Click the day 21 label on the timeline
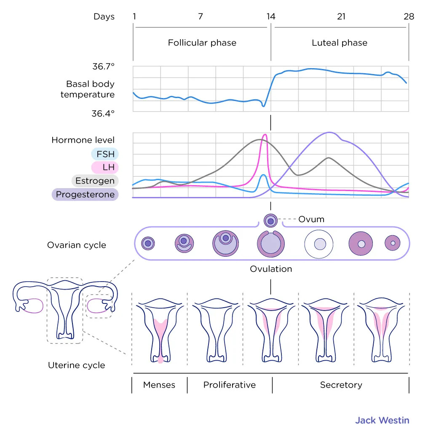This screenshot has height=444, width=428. click(x=341, y=17)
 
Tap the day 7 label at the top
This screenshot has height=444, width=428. click(x=201, y=17)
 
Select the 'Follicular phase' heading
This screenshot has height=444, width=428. click(x=202, y=43)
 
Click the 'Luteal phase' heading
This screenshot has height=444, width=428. click(x=340, y=43)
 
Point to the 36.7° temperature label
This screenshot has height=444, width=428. click(x=103, y=66)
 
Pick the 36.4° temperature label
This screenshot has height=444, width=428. click(x=103, y=114)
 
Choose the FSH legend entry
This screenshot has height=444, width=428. click(x=105, y=154)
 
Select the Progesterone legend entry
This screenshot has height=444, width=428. click(x=85, y=194)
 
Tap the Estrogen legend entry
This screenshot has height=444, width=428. click(x=95, y=181)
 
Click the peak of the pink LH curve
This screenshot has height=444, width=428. click(x=265, y=135)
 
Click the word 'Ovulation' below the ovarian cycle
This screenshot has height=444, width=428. click(x=271, y=269)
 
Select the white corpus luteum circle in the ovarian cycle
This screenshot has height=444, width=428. click(x=319, y=244)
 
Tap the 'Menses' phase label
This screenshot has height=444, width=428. click(x=159, y=385)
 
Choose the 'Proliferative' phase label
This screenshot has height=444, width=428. click(x=229, y=385)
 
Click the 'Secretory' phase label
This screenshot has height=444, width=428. click(x=341, y=385)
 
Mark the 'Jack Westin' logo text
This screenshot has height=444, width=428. click(x=382, y=420)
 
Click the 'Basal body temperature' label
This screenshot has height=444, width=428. click(x=88, y=89)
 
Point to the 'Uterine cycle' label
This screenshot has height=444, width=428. click(x=76, y=365)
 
